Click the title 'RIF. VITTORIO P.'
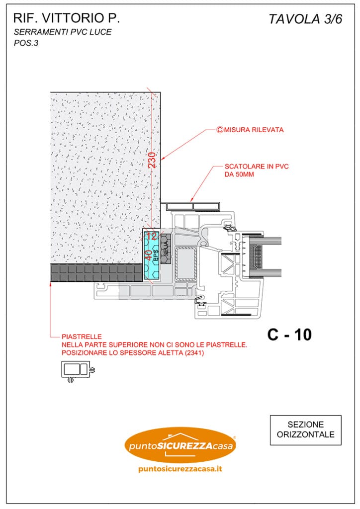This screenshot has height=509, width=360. pos(67,19)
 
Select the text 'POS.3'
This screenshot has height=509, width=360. pos(26,43)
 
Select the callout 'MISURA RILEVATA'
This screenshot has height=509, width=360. pos(253,130)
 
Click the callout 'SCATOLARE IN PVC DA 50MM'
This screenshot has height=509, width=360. pos(257,170)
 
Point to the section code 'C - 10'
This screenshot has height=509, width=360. pos(289,335)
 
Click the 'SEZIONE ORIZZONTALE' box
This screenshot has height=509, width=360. pos(305,430)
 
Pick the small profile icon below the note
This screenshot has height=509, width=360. pos(78,371)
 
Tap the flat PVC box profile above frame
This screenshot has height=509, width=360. pos(193,205)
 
